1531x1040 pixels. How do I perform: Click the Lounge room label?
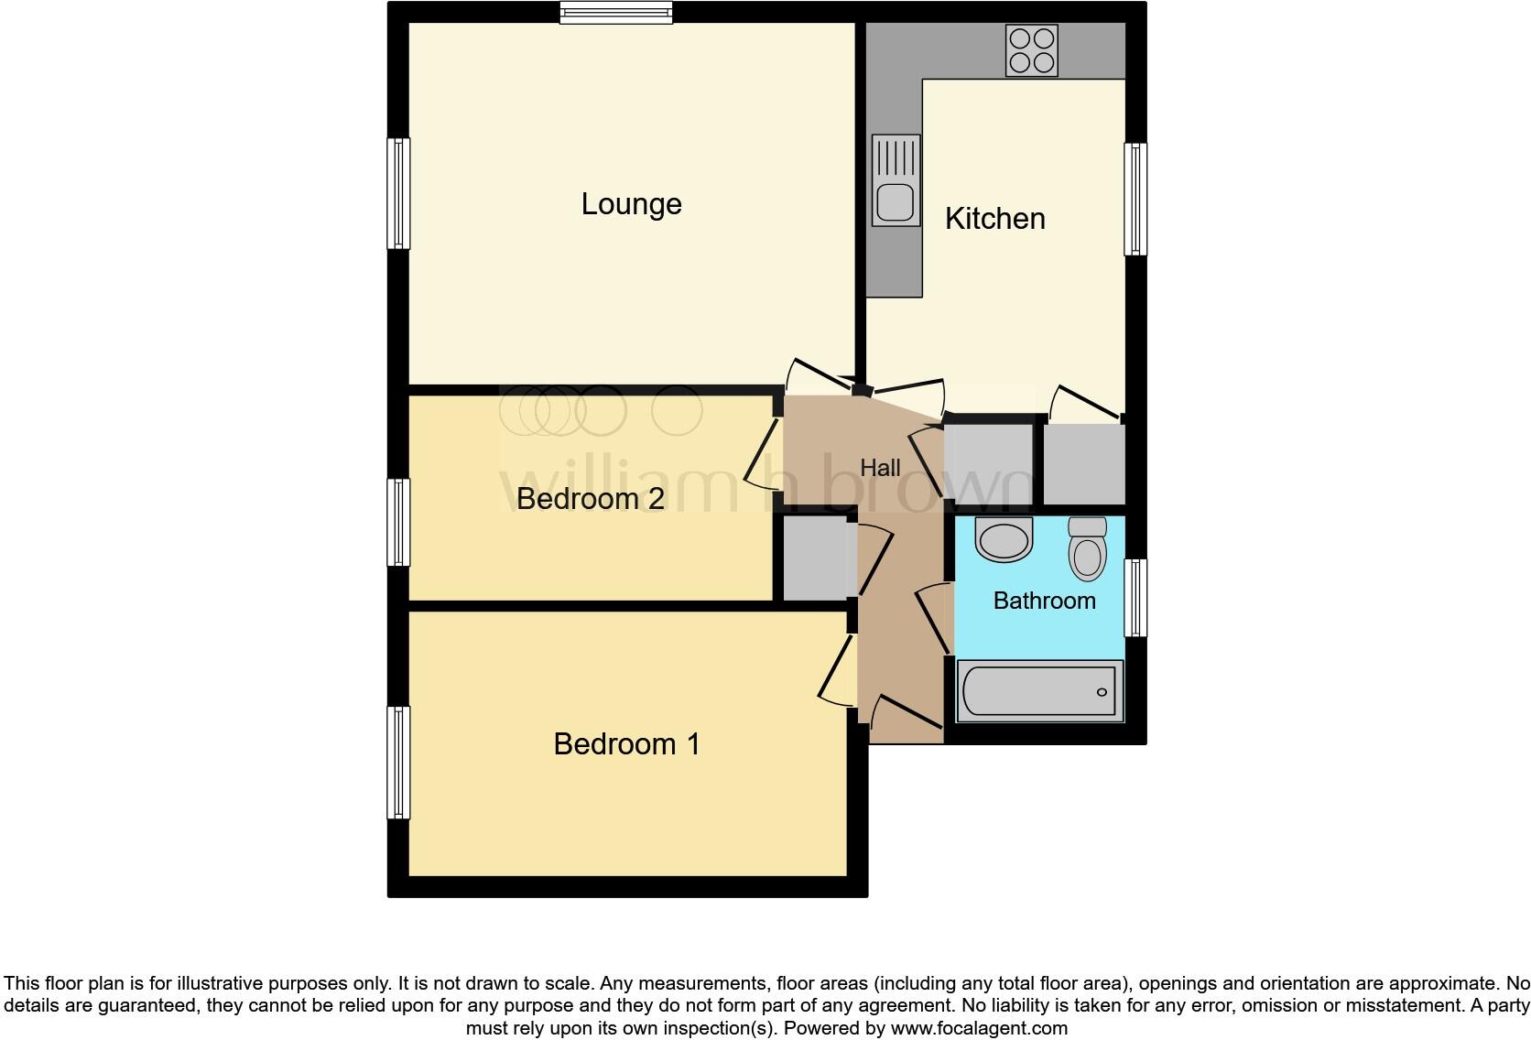pyautogui.click(x=631, y=203)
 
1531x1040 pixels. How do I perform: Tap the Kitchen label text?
pyautogui.click(x=994, y=219)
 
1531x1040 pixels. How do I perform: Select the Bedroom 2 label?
pyautogui.click(x=590, y=499)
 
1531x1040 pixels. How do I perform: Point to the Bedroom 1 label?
pyautogui.click(x=626, y=744)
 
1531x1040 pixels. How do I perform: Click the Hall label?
pyautogui.click(x=880, y=468)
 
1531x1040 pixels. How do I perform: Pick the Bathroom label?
pyautogui.click(x=1044, y=601)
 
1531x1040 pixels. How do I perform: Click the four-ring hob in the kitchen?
pyautogui.click(x=1031, y=49)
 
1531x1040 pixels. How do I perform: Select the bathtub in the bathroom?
pyautogui.click(x=1040, y=691)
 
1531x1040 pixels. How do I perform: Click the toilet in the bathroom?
pyautogui.click(x=1088, y=548)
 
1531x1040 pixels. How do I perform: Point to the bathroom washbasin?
pyautogui.click(x=1004, y=539)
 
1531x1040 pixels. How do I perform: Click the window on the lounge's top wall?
pyautogui.click(x=616, y=12)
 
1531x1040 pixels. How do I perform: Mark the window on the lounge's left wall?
pyautogui.click(x=398, y=193)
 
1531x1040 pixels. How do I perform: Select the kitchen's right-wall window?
pyautogui.click(x=1135, y=199)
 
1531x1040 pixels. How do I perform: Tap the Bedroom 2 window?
pyautogui.click(x=398, y=522)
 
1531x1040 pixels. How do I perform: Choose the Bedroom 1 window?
pyautogui.click(x=398, y=762)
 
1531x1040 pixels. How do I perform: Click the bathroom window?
pyautogui.click(x=1135, y=598)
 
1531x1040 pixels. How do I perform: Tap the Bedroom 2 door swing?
pyautogui.click(x=762, y=454)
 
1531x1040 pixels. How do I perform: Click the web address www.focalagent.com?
pyautogui.click(x=979, y=1028)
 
